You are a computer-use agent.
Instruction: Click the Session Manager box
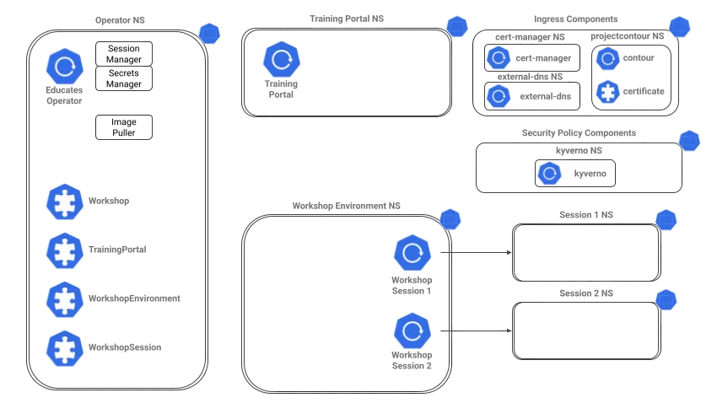pos(124,54)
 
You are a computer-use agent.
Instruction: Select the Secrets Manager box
pos(124,78)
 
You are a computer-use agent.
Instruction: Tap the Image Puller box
pos(124,127)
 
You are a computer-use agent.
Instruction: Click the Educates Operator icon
pos(65,67)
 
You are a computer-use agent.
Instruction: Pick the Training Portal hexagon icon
pos(282,59)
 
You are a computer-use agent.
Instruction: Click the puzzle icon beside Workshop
pos(65,202)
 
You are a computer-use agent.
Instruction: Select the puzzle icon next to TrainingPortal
pos(65,250)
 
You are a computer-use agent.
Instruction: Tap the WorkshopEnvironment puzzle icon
pos(65,299)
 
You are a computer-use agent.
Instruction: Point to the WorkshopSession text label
pos(125,347)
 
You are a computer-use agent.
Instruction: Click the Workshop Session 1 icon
pos(412,253)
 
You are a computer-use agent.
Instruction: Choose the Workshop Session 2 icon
pos(412,331)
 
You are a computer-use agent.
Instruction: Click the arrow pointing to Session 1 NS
pos(476,252)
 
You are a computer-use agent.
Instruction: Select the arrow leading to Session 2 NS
pos(476,331)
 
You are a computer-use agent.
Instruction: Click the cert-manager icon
pos(499,58)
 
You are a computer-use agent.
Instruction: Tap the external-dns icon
pos(499,96)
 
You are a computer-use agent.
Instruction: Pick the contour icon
pos(607,58)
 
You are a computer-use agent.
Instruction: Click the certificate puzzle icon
pos(607,92)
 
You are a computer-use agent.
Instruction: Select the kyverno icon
pos(550,173)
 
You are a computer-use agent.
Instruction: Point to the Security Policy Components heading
pos(579,133)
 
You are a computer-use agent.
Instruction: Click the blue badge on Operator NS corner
pos(209,34)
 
